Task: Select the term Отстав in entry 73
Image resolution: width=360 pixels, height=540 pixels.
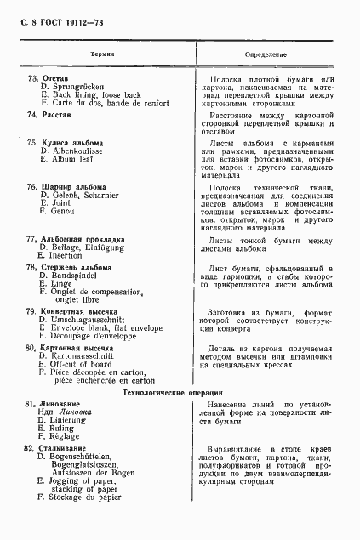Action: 54,79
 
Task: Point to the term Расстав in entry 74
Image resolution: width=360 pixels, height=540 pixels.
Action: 56,114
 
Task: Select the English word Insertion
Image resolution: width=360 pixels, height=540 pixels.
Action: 66,255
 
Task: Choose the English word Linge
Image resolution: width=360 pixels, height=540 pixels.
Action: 61,285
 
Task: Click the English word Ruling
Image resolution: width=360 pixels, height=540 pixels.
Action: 65,428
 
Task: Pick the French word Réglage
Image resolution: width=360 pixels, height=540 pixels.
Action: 66,436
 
